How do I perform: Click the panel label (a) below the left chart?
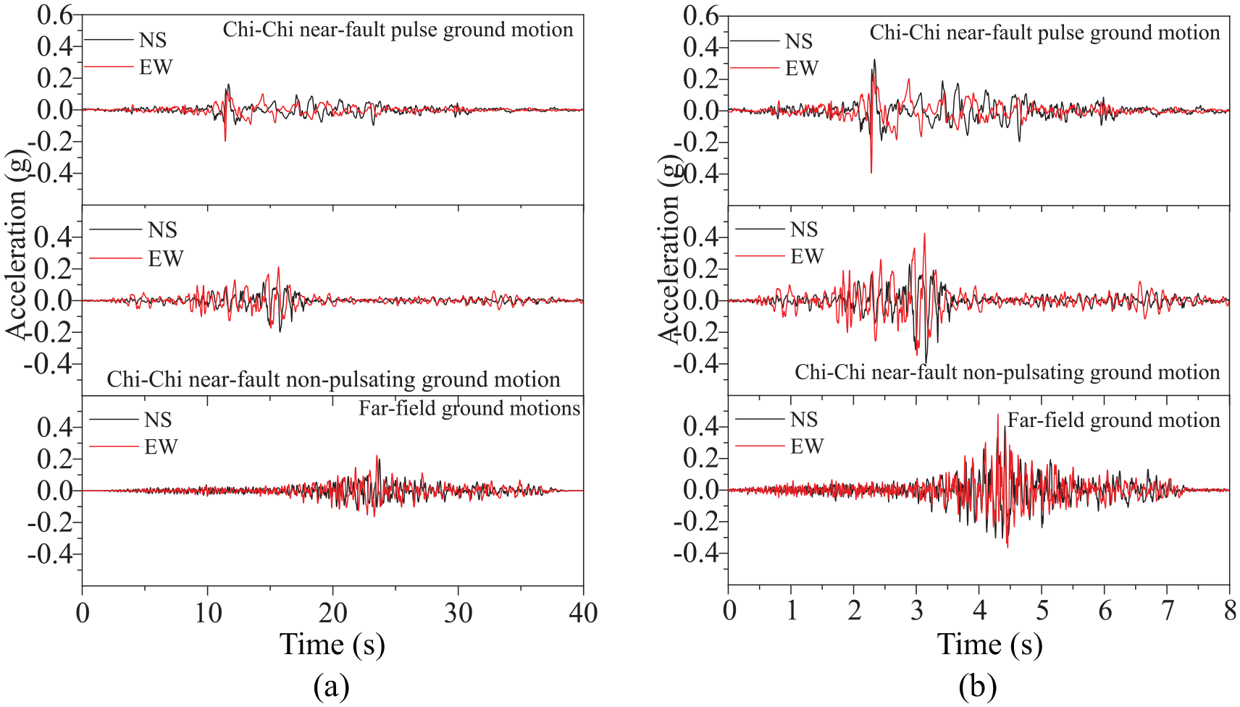click(331, 687)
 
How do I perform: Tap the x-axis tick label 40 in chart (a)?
click(583, 613)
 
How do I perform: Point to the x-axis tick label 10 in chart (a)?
click(207, 613)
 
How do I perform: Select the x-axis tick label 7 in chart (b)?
click(1166, 611)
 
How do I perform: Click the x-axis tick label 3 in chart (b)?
click(916, 611)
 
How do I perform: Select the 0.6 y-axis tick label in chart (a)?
click(55, 15)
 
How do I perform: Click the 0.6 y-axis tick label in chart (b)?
click(701, 15)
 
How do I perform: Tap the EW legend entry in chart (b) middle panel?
click(779, 256)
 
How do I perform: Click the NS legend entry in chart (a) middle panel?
click(133, 229)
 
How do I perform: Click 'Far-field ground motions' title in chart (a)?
click(469, 408)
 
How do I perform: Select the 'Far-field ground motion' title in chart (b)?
click(1114, 420)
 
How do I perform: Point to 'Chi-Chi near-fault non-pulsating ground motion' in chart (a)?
click(333, 380)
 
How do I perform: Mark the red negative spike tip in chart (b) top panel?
click(871, 173)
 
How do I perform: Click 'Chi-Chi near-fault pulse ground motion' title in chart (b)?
click(1044, 33)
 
